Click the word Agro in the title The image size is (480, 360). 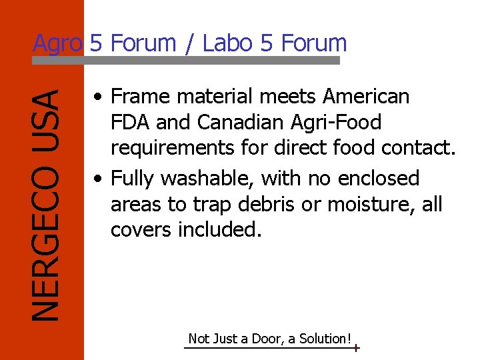tap(58, 44)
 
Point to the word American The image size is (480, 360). tap(366, 97)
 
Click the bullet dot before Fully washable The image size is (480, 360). tap(98, 179)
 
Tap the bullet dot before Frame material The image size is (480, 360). tap(98, 97)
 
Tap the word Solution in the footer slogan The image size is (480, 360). tap(324, 339)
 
